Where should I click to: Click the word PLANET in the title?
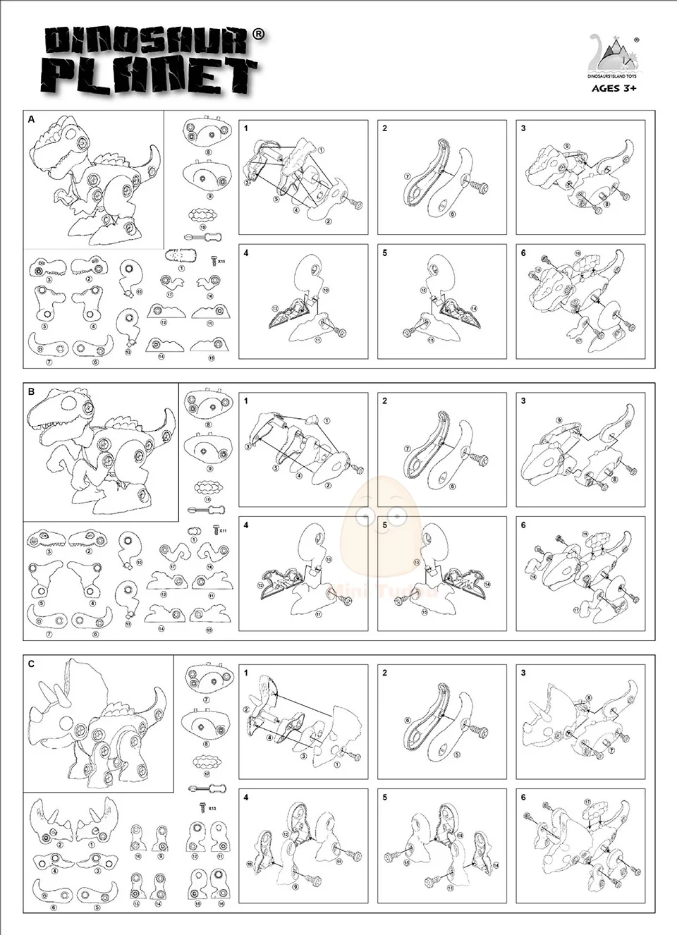coord(151,75)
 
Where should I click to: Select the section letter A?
coord(31,120)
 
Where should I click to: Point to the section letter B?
coord(31,392)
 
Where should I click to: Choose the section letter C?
coord(31,664)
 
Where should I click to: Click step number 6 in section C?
coord(523,797)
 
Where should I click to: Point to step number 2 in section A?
coord(385,128)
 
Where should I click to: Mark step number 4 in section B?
coord(246,525)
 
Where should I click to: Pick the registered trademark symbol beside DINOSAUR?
coord(259,33)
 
